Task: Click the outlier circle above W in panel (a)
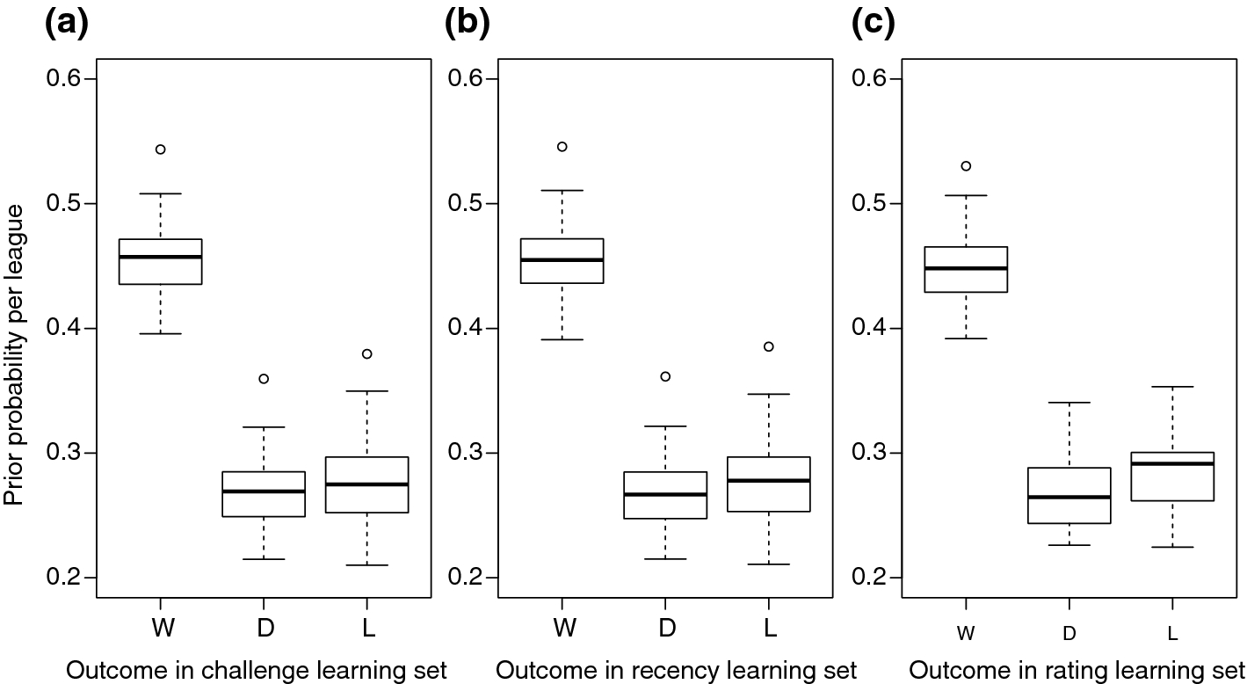[x=161, y=149]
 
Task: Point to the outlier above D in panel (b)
[x=665, y=376]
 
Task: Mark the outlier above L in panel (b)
[x=769, y=346]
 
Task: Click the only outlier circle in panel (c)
[x=966, y=166]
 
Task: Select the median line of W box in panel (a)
[x=161, y=257]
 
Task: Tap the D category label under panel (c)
[x=1069, y=634]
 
